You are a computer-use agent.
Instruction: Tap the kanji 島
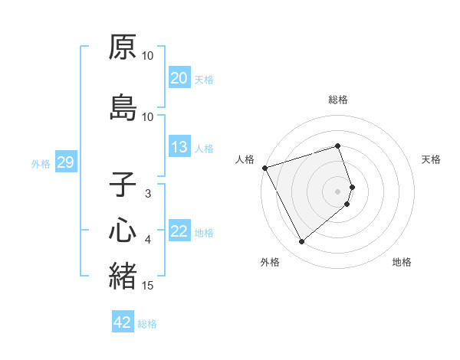(x=123, y=108)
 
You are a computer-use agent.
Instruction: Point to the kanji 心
(x=123, y=230)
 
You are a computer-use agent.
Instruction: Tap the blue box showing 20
(x=179, y=78)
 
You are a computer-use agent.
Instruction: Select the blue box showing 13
(x=179, y=148)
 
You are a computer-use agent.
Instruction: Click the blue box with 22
(x=179, y=232)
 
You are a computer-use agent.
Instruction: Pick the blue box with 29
(x=65, y=162)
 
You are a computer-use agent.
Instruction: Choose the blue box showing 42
(x=123, y=322)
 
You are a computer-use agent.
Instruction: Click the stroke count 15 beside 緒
(x=149, y=286)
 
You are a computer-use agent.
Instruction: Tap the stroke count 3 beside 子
(x=148, y=194)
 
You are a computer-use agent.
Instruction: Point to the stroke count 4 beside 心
(x=148, y=240)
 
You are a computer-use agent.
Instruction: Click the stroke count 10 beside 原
(x=148, y=56)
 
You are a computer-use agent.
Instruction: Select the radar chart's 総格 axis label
(x=338, y=100)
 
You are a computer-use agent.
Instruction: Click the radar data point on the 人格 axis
(x=264, y=167)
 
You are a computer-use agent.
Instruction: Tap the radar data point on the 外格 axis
(x=301, y=242)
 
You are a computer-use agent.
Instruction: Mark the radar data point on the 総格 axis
(x=338, y=146)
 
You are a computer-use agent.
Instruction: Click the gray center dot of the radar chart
(x=338, y=191)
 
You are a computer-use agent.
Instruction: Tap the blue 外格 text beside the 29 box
(x=41, y=163)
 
